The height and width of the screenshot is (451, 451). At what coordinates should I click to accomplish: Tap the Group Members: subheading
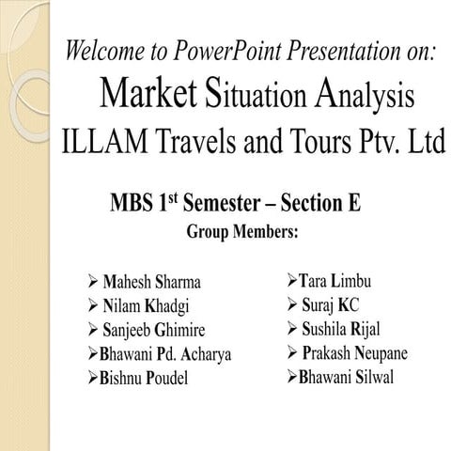point(242,230)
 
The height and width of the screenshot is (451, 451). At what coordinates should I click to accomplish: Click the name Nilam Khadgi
point(148,304)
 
